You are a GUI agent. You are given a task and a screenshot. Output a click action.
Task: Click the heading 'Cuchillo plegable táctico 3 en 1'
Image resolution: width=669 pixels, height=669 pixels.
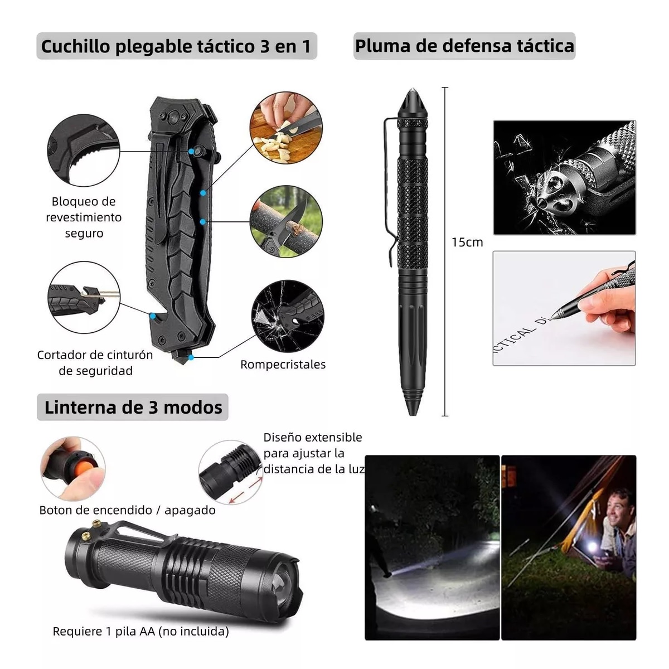coord(176,46)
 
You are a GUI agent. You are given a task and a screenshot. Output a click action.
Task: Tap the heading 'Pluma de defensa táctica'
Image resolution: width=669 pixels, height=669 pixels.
coord(464,46)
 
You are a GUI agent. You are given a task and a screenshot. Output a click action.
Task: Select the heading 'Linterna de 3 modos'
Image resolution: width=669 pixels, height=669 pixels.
coord(133,407)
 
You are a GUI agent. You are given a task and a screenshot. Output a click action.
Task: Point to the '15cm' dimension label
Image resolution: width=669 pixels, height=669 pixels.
coord(467,243)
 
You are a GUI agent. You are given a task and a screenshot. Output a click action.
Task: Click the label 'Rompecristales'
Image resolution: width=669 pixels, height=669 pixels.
coord(283,365)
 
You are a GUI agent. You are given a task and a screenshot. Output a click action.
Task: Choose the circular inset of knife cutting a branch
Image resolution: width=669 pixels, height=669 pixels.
coord(286,221)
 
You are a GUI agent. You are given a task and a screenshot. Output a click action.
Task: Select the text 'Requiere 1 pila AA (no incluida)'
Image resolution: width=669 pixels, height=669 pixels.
coord(140,631)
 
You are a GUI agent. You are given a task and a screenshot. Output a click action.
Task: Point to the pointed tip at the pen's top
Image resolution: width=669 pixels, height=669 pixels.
coord(412,91)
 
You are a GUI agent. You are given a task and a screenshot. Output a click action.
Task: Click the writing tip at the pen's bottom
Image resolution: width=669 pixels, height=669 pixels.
coord(413,411)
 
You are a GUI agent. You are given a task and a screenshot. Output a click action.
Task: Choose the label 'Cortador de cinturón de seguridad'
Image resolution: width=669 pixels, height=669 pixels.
coord(95,363)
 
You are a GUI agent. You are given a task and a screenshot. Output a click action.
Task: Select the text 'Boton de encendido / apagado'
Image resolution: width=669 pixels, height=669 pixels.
coord(127,510)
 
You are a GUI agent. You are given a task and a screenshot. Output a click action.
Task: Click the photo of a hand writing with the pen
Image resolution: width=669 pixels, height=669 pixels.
coord(564,308)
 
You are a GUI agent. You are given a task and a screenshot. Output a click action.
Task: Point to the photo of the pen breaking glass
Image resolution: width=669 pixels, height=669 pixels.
coord(564,178)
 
